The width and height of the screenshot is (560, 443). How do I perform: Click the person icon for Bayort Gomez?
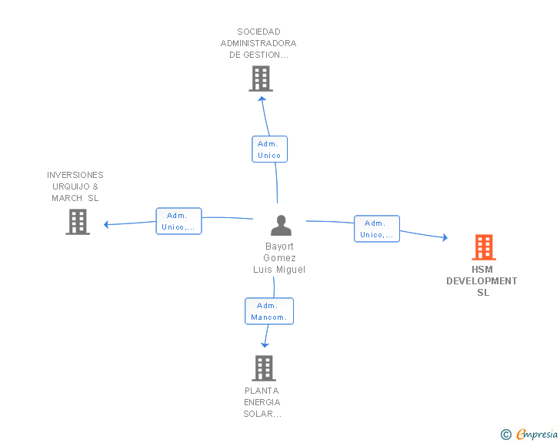281,225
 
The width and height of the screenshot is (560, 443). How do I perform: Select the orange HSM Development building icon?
483,247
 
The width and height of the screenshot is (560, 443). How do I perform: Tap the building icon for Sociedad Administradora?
261,79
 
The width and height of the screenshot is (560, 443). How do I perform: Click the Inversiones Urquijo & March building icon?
78,222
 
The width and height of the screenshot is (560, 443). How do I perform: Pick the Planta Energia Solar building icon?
264,368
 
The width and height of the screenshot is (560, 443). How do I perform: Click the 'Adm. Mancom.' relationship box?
269,311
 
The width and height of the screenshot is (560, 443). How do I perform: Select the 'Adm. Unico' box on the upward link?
269,149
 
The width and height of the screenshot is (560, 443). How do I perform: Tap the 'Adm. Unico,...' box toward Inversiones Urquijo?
178,221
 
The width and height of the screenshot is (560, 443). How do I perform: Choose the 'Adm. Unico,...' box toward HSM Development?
377,229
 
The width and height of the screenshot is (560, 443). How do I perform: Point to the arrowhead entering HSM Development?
444,238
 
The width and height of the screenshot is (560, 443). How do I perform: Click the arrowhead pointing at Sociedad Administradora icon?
262,98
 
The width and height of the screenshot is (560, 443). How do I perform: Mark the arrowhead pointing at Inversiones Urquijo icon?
108,225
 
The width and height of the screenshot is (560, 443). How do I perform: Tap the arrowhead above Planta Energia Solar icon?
265,345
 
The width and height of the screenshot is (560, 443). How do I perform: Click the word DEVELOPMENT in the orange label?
482,281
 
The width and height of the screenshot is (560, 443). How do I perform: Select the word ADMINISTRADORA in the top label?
258,43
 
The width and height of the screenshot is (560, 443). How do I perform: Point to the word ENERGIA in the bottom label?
262,402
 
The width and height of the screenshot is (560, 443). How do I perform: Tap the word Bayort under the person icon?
279,247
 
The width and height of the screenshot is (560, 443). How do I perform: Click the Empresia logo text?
537,435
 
